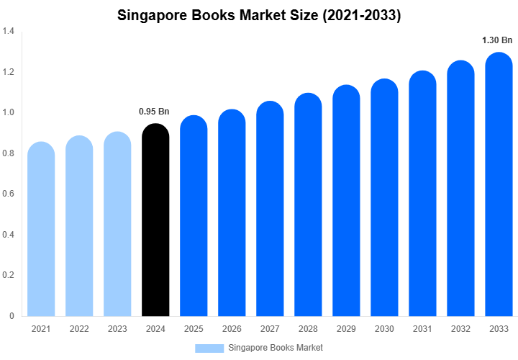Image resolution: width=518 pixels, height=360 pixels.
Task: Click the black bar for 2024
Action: coord(155,220)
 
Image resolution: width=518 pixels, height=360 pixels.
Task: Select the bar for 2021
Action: coord(41,229)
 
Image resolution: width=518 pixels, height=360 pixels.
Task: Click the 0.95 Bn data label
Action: coord(154,112)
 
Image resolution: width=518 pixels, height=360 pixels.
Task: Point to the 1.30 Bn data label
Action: coord(497,40)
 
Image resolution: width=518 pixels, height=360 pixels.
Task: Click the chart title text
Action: coord(259,15)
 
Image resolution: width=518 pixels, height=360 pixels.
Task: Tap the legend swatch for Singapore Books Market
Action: coord(209,348)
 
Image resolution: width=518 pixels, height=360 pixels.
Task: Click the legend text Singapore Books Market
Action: coord(276,348)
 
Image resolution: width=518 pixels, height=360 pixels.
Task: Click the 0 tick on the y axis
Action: coord(10,316)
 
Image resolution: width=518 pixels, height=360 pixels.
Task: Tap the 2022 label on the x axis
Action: coord(79,329)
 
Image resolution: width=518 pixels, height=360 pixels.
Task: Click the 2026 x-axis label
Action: coord(232,329)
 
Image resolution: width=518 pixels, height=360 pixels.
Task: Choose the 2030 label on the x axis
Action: coord(384,329)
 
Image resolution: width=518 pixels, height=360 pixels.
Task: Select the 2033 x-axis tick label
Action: coord(499,329)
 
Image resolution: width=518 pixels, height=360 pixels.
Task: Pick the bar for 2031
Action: coord(422,194)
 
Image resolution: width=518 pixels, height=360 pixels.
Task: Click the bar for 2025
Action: coord(194,216)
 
